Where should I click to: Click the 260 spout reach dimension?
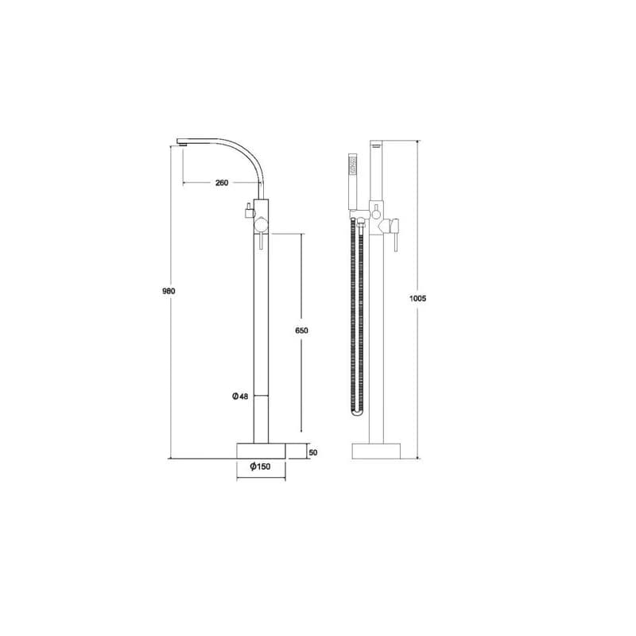coord(222,183)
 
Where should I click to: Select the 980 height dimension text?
coord(169,291)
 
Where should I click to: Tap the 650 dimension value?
coord(301,331)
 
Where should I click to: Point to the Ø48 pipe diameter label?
coord(240,396)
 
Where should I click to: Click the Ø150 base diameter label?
coord(260,467)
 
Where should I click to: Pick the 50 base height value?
coord(313,452)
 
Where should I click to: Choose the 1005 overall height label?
coord(418,299)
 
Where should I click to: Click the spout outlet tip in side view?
coord(182,142)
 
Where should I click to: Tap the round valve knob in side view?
coord(261,225)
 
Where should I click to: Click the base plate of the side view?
coord(261,451)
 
